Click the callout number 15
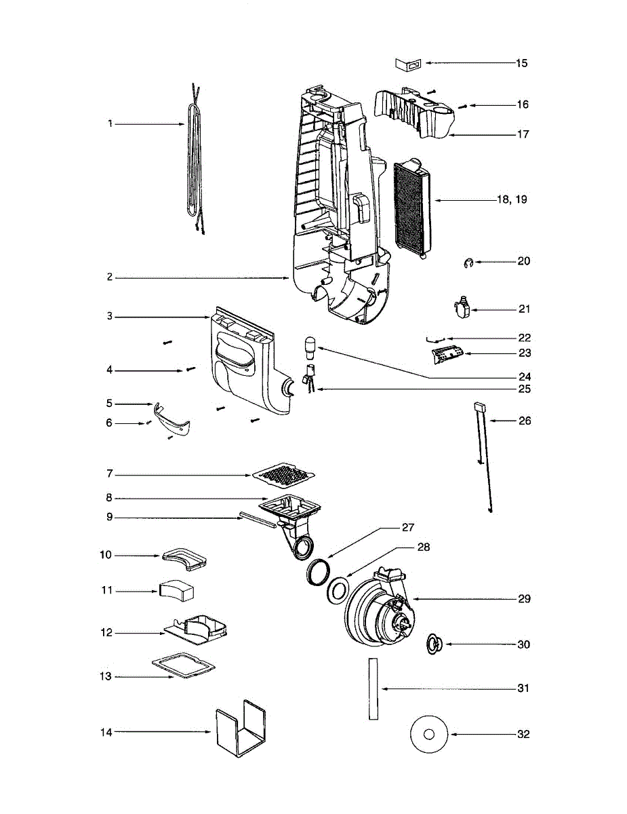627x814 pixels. coord(521,63)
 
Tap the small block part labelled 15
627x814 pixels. coord(409,63)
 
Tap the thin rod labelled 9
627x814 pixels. coord(257,520)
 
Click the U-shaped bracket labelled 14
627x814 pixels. coord(240,733)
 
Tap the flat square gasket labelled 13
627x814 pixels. coord(182,666)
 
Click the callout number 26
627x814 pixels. coord(524,421)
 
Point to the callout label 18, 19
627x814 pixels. coord(511,200)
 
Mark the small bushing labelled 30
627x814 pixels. coord(433,643)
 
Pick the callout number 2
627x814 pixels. coord(108,277)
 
